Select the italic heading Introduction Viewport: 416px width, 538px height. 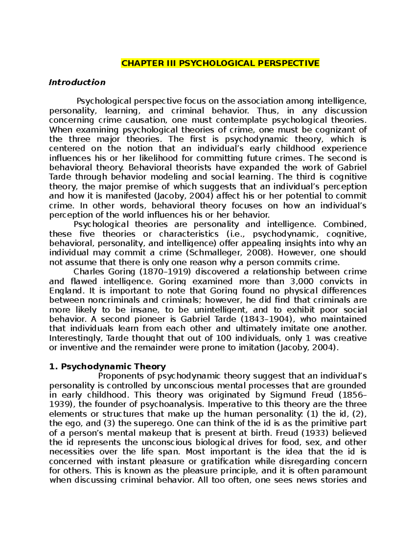point(77,82)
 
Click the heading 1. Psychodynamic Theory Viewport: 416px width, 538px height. point(107,367)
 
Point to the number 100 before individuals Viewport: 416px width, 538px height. point(223,338)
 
